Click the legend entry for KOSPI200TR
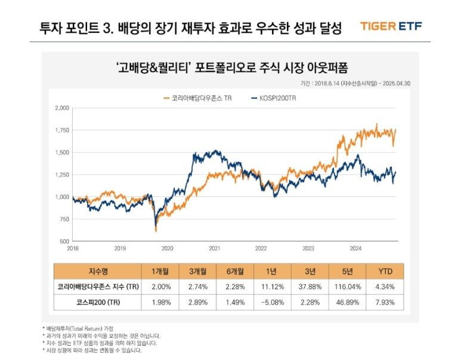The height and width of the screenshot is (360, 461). coord(273,97)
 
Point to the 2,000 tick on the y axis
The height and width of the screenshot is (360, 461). coord(62,108)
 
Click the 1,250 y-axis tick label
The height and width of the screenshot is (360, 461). coord(62,174)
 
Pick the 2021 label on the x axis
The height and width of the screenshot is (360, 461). coord(214,248)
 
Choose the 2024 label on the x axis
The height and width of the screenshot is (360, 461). coord(355,248)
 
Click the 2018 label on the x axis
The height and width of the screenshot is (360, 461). coord(73,248)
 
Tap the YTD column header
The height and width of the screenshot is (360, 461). coord(386,270)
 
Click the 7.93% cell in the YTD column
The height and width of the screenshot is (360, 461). coord(386,303)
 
